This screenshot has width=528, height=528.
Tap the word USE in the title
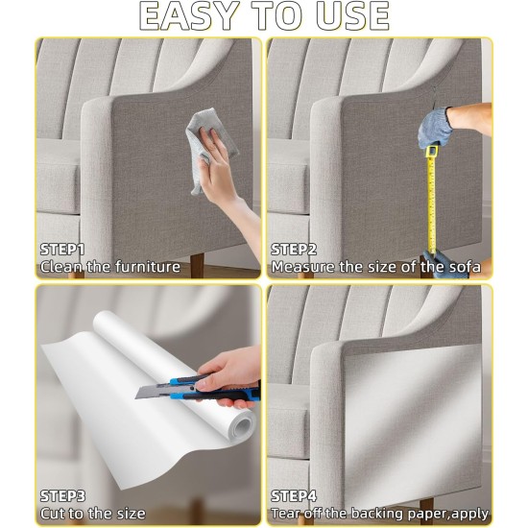353,16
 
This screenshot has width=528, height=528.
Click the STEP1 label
62,250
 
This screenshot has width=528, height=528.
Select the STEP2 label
294,250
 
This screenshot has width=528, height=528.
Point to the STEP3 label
62,496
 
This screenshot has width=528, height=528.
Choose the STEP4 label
294,496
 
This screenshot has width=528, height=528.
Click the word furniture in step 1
148,267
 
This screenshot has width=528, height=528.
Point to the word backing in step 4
378,515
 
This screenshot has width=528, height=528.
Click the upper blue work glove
434,128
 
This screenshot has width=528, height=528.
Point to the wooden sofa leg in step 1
197,265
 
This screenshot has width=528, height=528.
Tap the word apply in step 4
469,515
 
